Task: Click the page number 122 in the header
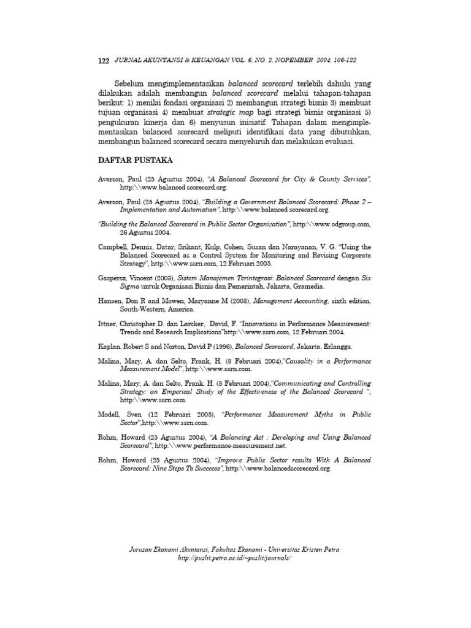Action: coord(103,61)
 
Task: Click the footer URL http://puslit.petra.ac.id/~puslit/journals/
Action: coord(234,559)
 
